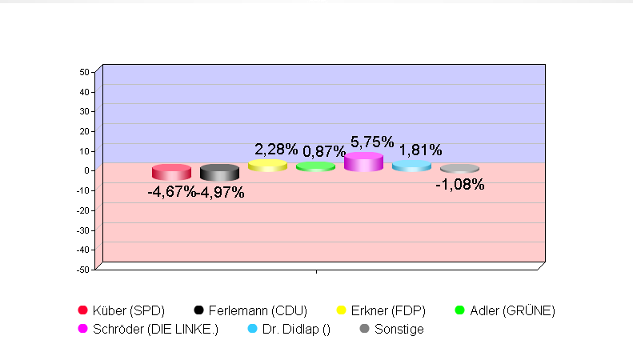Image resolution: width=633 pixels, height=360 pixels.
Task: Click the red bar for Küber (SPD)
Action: (171, 172)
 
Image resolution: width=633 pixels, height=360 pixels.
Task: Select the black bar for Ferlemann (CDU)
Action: (219, 172)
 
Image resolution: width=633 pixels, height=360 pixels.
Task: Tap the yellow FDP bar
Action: (267, 166)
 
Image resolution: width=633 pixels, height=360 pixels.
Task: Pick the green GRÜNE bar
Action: (315, 166)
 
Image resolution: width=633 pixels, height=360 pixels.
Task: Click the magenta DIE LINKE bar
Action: (363, 162)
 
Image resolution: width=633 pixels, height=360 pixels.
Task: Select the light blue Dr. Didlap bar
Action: (411, 166)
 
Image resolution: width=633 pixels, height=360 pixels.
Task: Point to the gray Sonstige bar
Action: (459, 169)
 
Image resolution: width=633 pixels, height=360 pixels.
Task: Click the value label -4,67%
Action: (171, 192)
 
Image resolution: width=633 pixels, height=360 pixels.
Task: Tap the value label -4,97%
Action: (221, 192)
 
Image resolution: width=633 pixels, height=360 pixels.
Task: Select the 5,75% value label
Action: (372, 142)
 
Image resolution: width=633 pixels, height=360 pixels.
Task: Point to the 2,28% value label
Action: (276, 149)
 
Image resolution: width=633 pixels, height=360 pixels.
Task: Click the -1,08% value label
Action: (459, 185)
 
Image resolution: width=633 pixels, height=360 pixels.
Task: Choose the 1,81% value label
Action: (420, 150)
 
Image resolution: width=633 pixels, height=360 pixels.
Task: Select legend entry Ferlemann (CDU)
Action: (250, 310)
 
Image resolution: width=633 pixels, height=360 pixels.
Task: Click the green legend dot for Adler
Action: (459, 310)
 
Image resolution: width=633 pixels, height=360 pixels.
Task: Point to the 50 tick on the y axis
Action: (84, 72)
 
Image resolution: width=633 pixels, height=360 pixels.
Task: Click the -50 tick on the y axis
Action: (82, 270)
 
